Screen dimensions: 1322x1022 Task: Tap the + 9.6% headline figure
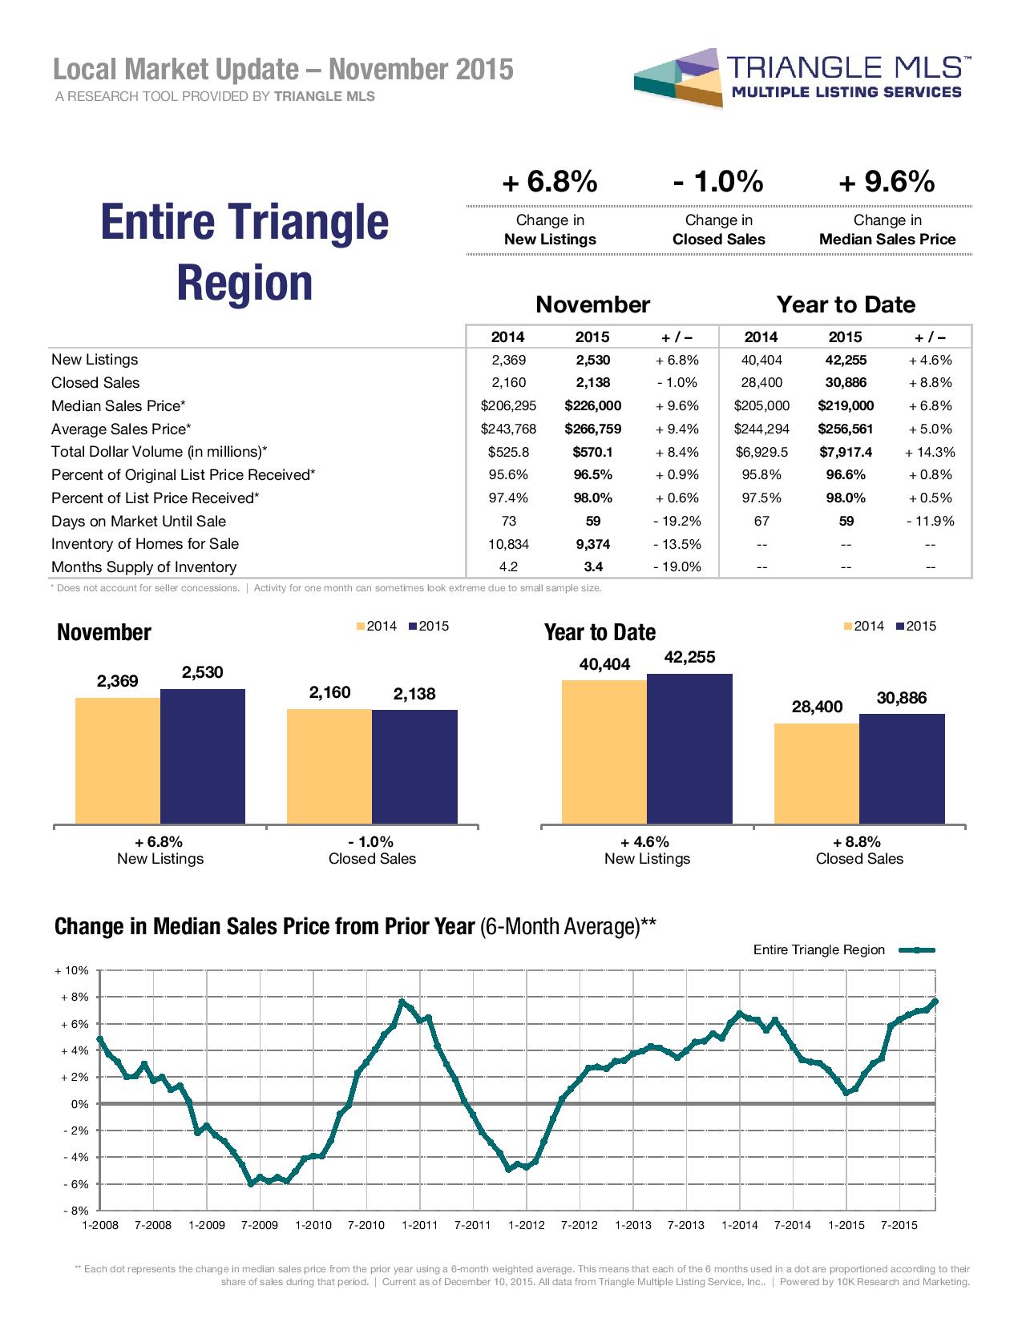coord(887,183)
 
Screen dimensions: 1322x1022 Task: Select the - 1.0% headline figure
coord(718,183)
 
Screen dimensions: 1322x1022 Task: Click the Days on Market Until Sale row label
coord(138,521)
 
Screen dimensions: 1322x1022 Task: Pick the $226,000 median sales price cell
coord(592,405)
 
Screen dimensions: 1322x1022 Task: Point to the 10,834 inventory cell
coord(507,544)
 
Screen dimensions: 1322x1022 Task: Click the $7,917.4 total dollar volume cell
coord(845,452)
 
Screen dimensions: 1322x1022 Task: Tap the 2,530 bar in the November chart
coord(202,756)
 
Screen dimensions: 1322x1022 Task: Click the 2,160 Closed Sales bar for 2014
coord(329,766)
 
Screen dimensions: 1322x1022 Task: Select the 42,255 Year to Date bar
coord(689,748)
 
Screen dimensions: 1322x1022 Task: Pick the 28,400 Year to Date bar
coord(816,773)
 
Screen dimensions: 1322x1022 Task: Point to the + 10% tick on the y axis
coord(71,970)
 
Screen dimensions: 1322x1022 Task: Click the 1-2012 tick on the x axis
coord(526,1225)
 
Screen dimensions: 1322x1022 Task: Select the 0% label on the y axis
coord(79,1104)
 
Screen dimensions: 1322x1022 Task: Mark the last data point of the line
coord(935,1002)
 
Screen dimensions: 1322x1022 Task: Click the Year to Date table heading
coord(845,304)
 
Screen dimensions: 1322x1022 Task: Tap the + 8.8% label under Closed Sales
coord(858,841)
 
